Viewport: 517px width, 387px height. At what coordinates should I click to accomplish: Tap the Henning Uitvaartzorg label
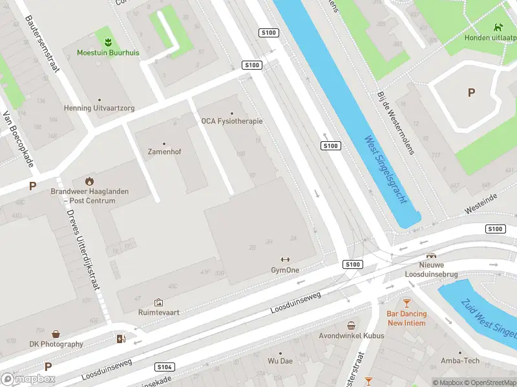point(99,108)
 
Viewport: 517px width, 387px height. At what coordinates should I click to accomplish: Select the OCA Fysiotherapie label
point(231,121)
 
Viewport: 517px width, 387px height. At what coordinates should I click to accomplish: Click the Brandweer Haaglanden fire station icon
point(89,181)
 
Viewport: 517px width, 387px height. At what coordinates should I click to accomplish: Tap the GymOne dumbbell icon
point(285,259)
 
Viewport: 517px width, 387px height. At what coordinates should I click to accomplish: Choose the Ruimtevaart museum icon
point(158,302)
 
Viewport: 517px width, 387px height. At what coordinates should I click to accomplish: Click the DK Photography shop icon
point(56,333)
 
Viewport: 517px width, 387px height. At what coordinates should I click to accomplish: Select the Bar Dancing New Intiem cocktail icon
point(406,303)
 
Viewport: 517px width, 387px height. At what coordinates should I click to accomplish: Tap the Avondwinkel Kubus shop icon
point(351,325)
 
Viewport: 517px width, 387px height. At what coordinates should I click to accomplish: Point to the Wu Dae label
point(280,361)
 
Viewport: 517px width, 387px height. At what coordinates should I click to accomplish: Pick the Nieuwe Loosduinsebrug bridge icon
point(431,255)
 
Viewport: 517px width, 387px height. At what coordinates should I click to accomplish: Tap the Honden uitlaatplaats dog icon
point(498,27)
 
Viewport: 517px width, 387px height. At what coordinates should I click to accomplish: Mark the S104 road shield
point(165,367)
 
